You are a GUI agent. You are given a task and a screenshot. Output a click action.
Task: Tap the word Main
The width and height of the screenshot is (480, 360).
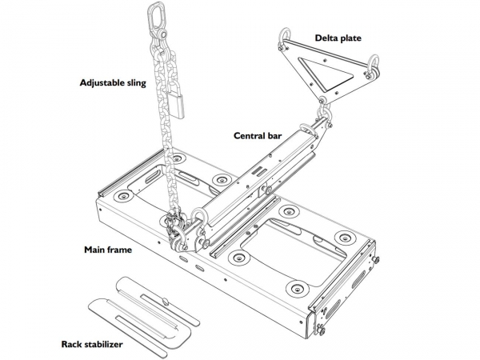click(96, 250)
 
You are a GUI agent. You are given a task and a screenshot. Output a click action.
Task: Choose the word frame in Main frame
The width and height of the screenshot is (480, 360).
click(121, 250)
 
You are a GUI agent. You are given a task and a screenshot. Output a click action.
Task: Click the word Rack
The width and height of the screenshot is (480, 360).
click(73, 346)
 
